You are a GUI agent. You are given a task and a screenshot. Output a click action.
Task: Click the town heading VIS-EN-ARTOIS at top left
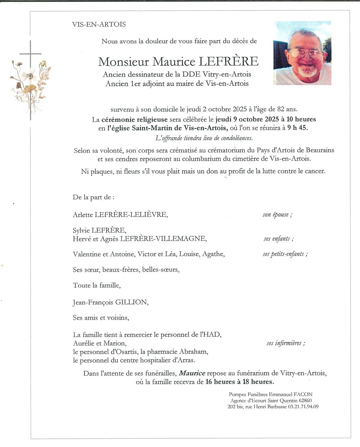tap(99, 24)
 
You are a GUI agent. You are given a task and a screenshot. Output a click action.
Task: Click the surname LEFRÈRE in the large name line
tap(229, 61)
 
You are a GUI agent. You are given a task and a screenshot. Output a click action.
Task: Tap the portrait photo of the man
tap(302, 53)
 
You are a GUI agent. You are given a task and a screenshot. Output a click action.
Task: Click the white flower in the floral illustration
tap(29, 75)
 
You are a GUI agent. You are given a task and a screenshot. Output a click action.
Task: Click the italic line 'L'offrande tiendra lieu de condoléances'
tap(203, 138)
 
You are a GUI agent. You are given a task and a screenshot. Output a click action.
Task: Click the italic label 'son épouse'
tap(277, 214)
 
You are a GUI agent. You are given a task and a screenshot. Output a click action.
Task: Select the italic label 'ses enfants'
tap(278, 239)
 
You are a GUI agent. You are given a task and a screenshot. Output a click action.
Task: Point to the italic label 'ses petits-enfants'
tap(285, 254)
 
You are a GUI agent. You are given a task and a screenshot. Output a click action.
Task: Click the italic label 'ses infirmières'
tap(286, 343)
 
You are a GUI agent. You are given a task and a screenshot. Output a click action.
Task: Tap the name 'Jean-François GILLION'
tap(110, 302)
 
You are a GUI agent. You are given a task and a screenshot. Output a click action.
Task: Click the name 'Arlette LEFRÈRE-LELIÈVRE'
tap(120, 214)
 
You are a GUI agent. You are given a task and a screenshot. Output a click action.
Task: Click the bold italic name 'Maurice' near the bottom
tap(192, 373)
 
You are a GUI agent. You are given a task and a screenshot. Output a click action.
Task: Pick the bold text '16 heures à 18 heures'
tap(240, 382)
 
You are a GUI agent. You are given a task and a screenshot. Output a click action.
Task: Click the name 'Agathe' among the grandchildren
tap(213, 254)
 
